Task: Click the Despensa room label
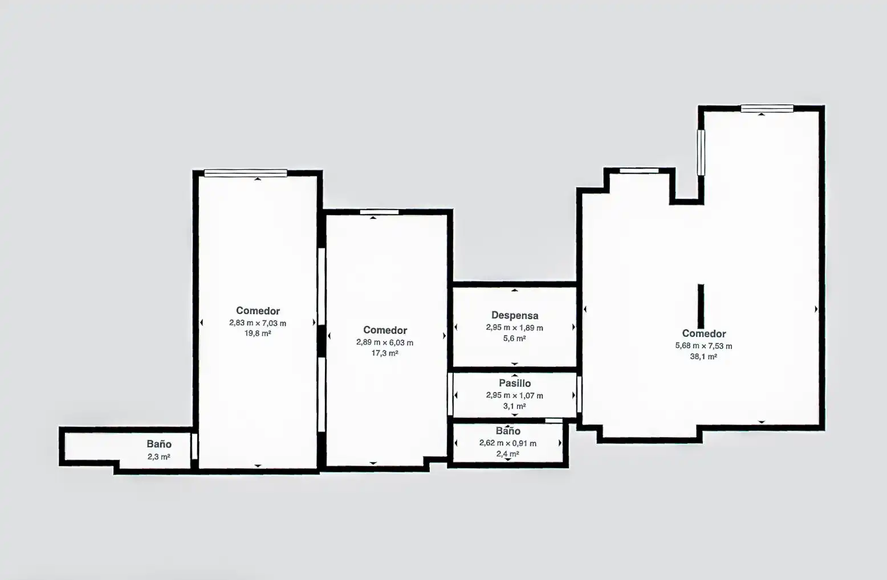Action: (x=515, y=315)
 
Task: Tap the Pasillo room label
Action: (x=515, y=383)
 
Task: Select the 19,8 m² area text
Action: (x=258, y=333)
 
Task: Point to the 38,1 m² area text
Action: (x=703, y=357)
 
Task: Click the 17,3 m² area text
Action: (x=385, y=353)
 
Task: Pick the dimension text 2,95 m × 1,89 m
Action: (x=515, y=328)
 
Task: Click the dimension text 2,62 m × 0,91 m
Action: (x=508, y=443)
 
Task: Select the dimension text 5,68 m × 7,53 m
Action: (x=703, y=346)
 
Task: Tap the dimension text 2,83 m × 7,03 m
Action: (x=258, y=323)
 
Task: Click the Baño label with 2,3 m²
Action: (x=159, y=444)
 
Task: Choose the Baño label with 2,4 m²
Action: (x=508, y=431)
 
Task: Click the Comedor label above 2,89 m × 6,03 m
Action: (x=385, y=330)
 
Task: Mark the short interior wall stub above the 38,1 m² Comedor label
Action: (x=701, y=306)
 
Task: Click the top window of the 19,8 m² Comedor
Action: (x=246, y=173)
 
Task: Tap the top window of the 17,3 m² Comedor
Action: (x=379, y=212)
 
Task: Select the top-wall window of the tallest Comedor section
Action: (x=767, y=108)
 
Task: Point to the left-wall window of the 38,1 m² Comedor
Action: (x=701, y=152)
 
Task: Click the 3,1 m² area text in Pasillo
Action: (x=515, y=406)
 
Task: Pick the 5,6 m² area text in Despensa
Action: (x=515, y=338)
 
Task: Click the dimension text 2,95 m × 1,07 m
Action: (x=515, y=395)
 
